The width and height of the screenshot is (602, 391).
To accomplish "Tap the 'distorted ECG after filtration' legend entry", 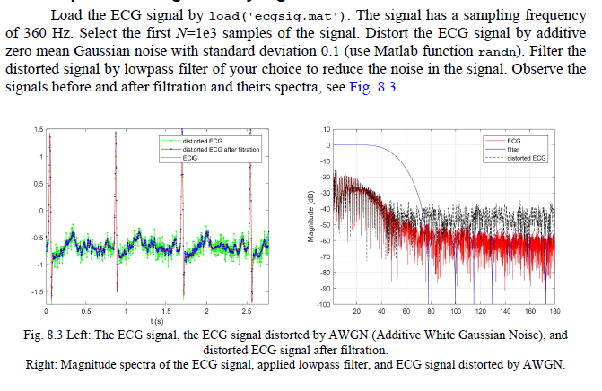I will (221, 149).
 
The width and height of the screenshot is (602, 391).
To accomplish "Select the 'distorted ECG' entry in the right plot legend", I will (527, 158).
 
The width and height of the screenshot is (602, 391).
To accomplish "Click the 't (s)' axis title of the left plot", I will (157, 320).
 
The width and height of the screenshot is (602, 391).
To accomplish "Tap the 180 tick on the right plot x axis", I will (555, 311).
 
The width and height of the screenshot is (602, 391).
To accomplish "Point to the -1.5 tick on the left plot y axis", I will (37, 292).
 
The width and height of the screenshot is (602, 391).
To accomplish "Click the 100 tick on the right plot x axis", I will (457, 311).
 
